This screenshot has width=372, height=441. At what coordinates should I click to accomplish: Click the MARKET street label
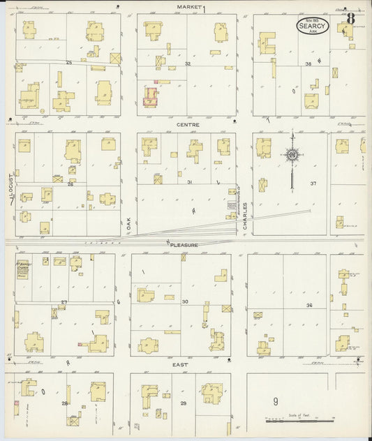tap(188, 6)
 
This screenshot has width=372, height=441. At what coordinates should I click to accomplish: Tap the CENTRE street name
tap(188, 125)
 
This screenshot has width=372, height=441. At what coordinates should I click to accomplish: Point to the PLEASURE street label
tap(184, 245)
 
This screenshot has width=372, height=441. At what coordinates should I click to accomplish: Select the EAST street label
tap(182, 364)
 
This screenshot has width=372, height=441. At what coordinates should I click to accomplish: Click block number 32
tap(187, 63)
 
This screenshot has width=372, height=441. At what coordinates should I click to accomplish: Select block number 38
tap(308, 63)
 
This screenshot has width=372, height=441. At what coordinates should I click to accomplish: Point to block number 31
tap(189, 182)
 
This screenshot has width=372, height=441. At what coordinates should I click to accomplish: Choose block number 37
tap(313, 184)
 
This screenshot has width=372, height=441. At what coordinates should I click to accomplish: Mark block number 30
tap(185, 301)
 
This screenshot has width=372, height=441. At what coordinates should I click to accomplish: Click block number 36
tap(308, 306)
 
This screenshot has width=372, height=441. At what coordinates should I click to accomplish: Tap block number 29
tap(184, 404)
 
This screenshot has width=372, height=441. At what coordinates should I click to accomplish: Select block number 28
tap(64, 403)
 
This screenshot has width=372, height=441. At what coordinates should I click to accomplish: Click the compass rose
tap(292, 154)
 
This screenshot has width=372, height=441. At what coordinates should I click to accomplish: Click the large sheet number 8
tap(350, 18)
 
